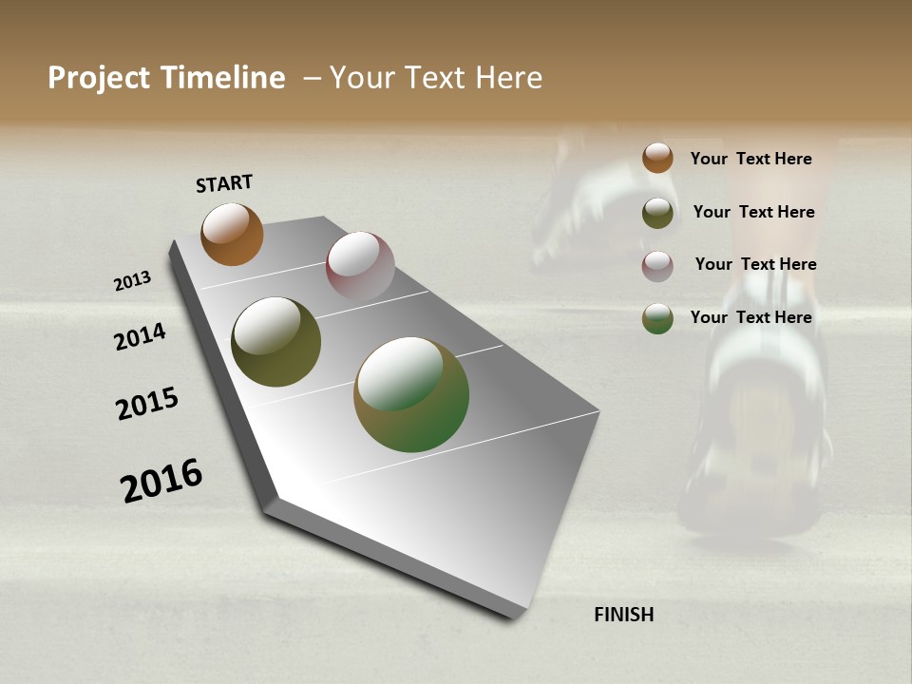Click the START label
pyautogui.click(x=224, y=182)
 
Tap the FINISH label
pyautogui.click(x=623, y=615)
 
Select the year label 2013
pyautogui.click(x=132, y=281)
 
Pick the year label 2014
pyautogui.click(x=140, y=336)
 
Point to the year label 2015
pyautogui.click(x=147, y=404)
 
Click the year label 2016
pyautogui.click(x=161, y=480)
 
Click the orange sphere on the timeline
pyautogui.click(x=232, y=234)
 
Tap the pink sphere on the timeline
pyautogui.click(x=360, y=266)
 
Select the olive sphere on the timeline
pyautogui.click(x=276, y=342)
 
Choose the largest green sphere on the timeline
pyautogui.click(x=411, y=394)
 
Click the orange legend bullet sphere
pyautogui.click(x=657, y=158)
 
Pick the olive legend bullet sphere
pyautogui.click(x=657, y=213)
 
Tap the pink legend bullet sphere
pyautogui.click(x=657, y=265)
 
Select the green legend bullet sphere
pyautogui.click(x=657, y=318)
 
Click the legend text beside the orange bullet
pyautogui.click(x=750, y=159)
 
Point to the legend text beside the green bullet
pyautogui.click(x=750, y=317)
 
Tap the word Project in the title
pyautogui.click(x=99, y=78)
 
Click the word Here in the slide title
pyautogui.click(x=508, y=78)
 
